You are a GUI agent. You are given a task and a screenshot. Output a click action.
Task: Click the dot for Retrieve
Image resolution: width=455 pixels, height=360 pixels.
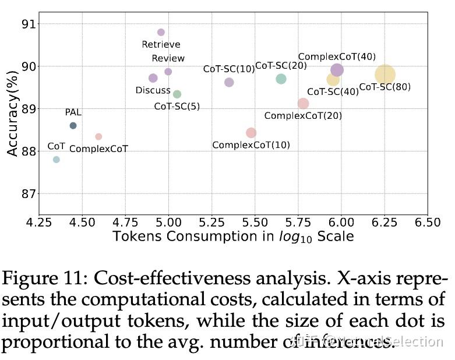pos(161,32)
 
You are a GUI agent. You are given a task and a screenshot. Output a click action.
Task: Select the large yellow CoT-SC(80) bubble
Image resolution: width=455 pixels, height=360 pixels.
pos(385,75)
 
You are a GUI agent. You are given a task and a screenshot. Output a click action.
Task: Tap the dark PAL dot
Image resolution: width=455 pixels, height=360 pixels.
pos(73,125)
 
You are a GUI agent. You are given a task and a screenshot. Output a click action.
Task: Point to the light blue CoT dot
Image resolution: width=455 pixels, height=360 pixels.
pos(57,160)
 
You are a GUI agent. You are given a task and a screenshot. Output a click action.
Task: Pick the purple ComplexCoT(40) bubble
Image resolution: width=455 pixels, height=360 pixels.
pos(337,70)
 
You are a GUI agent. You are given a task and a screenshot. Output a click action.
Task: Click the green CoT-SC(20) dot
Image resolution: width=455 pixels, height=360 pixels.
pos(281,79)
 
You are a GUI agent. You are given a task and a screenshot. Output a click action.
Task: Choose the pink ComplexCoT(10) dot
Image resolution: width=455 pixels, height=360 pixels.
pos(251,133)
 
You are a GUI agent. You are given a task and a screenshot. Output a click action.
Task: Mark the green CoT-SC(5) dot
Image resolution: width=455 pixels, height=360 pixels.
pos(177,94)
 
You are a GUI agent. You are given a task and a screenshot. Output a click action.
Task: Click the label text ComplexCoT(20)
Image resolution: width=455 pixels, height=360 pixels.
pos(303,116)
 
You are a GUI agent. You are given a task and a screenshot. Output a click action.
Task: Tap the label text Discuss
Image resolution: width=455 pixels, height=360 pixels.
pos(153,90)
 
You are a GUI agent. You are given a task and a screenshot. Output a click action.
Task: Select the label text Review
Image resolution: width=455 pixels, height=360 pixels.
pos(168,58)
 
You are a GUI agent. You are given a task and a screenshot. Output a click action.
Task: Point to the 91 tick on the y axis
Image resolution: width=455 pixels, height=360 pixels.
pos(27,24)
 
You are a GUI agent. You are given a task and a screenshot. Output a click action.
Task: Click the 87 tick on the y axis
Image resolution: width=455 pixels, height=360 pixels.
pos(27,193)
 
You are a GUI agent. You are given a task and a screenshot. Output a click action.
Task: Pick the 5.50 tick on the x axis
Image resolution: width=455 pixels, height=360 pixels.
pos(255,222)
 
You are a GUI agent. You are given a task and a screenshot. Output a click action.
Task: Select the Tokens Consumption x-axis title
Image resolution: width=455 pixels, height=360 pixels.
pos(233,237)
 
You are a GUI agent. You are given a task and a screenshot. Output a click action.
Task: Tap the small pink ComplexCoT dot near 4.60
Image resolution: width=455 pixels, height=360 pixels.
pos(98,136)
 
